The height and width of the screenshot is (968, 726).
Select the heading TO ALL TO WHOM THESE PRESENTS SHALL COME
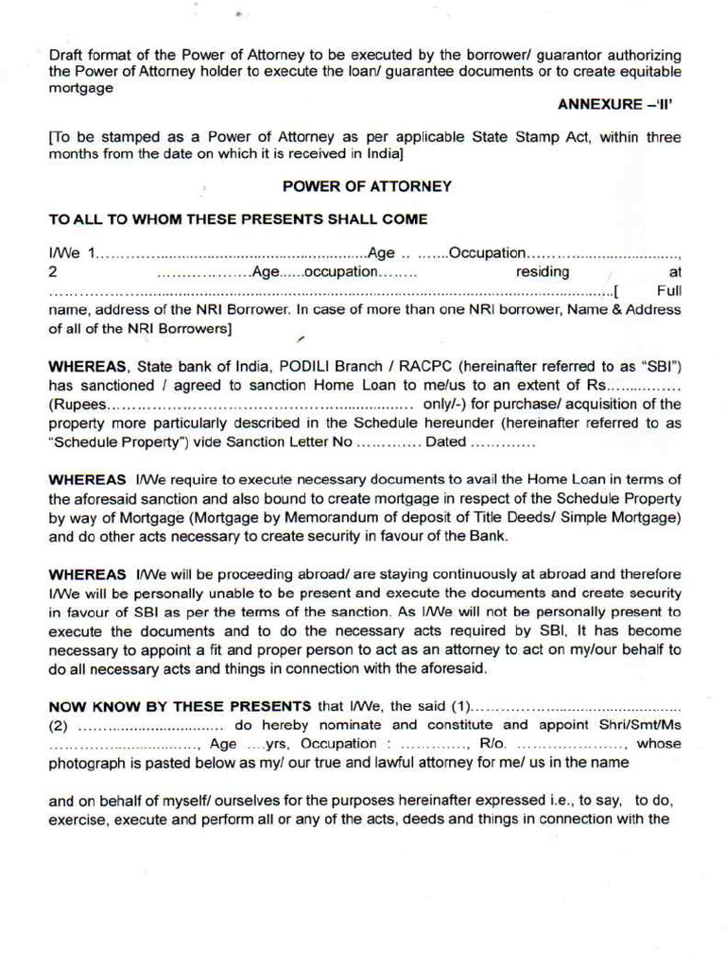237,219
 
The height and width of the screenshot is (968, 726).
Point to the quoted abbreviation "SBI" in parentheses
658,366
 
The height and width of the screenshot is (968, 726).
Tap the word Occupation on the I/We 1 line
486,253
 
